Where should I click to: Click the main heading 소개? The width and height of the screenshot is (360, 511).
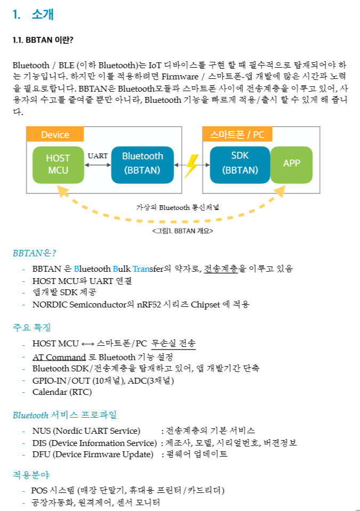pyautogui.click(x=43, y=15)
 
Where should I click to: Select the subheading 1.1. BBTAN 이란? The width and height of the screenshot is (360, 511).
pyautogui.click(x=43, y=40)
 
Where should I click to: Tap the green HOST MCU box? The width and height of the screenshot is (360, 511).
pyautogui.click(x=58, y=164)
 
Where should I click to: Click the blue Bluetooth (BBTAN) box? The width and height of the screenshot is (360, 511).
pyautogui.click(x=142, y=163)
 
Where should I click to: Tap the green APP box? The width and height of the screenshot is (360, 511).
pyautogui.click(x=291, y=163)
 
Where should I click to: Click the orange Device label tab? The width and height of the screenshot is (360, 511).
pyautogui.click(x=55, y=135)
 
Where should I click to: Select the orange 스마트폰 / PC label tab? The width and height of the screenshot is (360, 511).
pyautogui.click(x=237, y=135)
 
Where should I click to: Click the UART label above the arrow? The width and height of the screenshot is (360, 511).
pyautogui.click(x=97, y=156)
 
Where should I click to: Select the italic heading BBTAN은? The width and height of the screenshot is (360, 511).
pyautogui.click(x=35, y=253)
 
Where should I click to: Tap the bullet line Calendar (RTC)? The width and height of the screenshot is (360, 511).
pyautogui.click(x=62, y=392)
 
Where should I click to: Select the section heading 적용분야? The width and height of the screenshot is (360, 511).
pyautogui.click(x=31, y=474)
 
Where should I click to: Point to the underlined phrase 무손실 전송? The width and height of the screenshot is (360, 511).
pyautogui.click(x=174, y=344)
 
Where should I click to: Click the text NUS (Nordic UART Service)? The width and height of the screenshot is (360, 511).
pyautogui.click(x=86, y=431)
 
